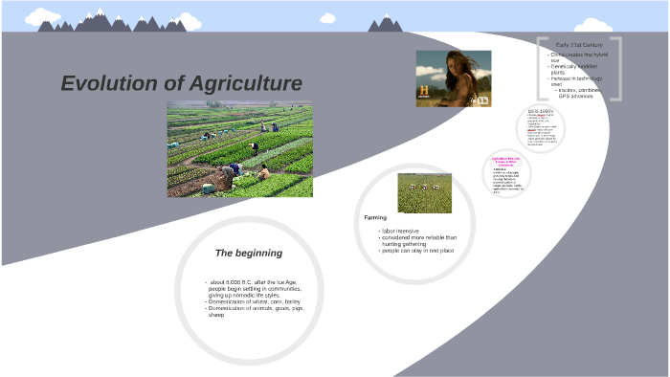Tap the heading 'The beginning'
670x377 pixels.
tap(248, 253)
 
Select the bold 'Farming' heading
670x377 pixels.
tap(375, 217)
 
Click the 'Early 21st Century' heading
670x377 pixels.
tap(578, 45)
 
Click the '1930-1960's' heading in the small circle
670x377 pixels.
tap(541, 111)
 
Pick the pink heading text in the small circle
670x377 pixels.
tap(506, 161)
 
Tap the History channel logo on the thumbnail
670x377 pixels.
tap(423, 92)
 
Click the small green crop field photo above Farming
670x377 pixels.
tap(424, 192)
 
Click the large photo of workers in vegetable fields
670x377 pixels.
tap(239, 149)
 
